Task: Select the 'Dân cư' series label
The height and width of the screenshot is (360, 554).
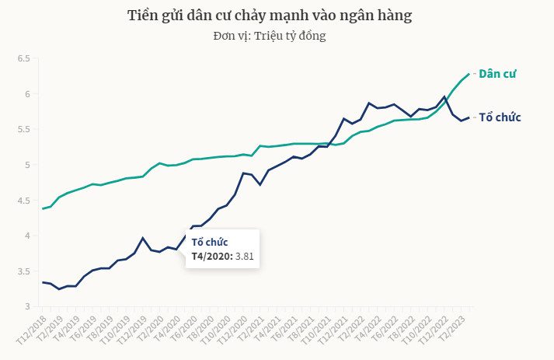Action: [497, 74]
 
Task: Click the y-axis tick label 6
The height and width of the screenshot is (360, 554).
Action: [26, 94]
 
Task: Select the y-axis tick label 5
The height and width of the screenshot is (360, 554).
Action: [26, 165]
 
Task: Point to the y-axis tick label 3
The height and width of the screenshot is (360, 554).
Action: [26, 306]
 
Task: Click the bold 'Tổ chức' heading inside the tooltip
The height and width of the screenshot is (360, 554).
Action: [209, 242]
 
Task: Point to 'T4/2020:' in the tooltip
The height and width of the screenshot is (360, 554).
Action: [207, 256]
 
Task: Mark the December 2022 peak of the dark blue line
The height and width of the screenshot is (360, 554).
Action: [444, 97]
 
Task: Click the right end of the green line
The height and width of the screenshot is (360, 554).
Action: [469, 75]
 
